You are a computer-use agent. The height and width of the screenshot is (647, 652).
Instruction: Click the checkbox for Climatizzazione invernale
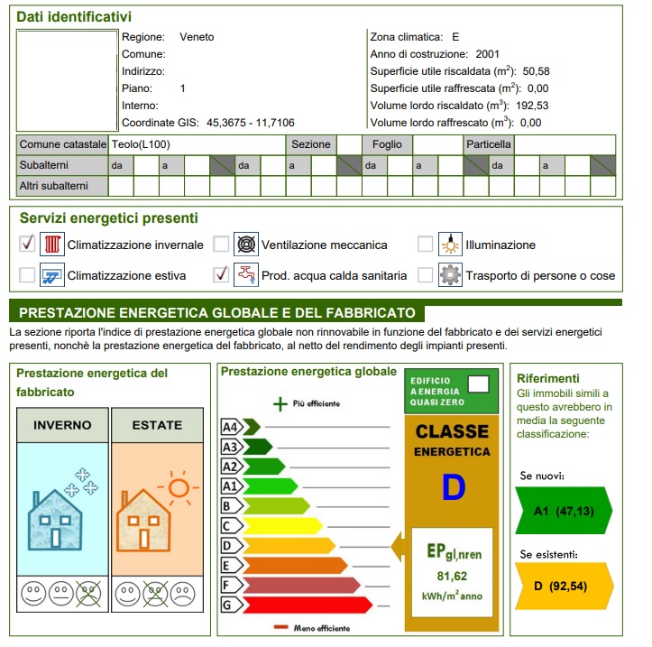pos(28,245)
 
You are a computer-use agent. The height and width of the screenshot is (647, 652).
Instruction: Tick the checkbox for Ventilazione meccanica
pos(221,245)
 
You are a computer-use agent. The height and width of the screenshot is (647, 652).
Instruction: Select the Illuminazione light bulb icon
pos(449,245)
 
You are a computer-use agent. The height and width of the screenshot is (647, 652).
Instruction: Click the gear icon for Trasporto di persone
pos(449,275)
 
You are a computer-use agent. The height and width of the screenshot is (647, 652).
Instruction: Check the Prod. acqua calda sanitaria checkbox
pos(221,274)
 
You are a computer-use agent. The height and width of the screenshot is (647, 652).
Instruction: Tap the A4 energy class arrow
pos(240,427)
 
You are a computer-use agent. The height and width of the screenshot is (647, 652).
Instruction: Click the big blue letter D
pos(453,488)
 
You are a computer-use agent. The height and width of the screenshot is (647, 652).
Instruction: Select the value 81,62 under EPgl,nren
pos(452,577)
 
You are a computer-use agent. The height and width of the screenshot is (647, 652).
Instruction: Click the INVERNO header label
pos(62,425)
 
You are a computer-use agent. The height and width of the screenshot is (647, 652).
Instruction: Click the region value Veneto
pos(197,37)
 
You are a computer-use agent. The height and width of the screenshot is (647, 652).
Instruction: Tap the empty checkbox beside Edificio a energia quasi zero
pos(479,383)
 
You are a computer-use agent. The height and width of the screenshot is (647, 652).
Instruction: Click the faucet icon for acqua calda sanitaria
pos(244,275)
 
